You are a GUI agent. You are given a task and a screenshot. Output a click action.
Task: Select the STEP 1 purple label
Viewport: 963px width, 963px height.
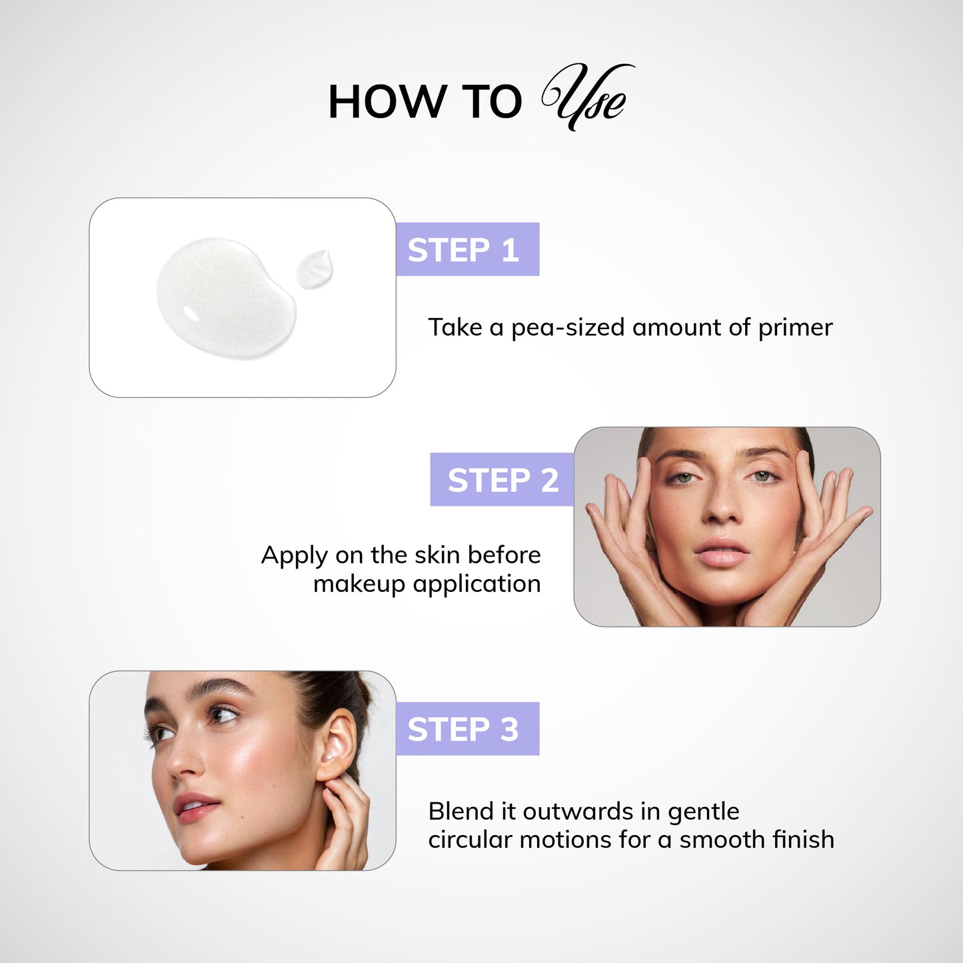(x=467, y=250)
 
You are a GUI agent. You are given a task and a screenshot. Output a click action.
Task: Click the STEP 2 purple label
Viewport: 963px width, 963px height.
(x=502, y=480)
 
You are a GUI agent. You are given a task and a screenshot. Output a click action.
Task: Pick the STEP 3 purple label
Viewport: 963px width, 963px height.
(x=467, y=729)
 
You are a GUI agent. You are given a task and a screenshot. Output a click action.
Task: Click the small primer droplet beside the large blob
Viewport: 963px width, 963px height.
(x=314, y=269)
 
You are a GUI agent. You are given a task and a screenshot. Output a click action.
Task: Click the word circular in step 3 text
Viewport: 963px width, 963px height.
(x=471, y=840)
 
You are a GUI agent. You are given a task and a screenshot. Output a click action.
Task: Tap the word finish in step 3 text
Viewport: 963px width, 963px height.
(x=802, y=840)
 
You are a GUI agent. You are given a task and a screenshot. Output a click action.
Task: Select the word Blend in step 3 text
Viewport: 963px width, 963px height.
(x=461, y=812)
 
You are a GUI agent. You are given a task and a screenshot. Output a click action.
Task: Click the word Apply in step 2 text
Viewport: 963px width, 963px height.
(x=294, y=556)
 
